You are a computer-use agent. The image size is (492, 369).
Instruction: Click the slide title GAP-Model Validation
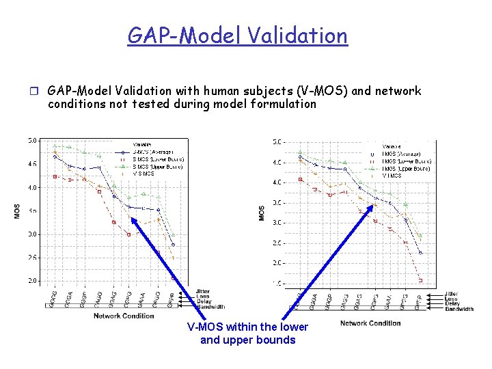(x=237, y=35)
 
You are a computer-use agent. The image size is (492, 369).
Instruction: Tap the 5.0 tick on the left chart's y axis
(x=32, y=141)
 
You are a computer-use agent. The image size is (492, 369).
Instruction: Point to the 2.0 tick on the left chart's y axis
(x=32, y=281)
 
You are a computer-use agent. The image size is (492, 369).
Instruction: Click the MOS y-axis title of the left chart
(x=17, y=211)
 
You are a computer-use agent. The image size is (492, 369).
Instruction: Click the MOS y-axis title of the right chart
(x=262, y=213)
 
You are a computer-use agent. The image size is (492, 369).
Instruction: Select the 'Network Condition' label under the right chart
(x=370, y=323)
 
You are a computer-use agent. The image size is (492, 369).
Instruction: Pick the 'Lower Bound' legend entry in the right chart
(x=406, y=161)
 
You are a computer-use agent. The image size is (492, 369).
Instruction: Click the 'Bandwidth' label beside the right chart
(x=459, y=309)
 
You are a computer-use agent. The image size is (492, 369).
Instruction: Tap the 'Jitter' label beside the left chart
(x=202, y=291)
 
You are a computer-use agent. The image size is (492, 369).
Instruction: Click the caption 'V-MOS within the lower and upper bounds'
(x=247, y=333)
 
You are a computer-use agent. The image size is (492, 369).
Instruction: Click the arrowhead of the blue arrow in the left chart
(x=133, y=219)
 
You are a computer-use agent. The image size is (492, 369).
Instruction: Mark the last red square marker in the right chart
(x=420, y=280)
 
